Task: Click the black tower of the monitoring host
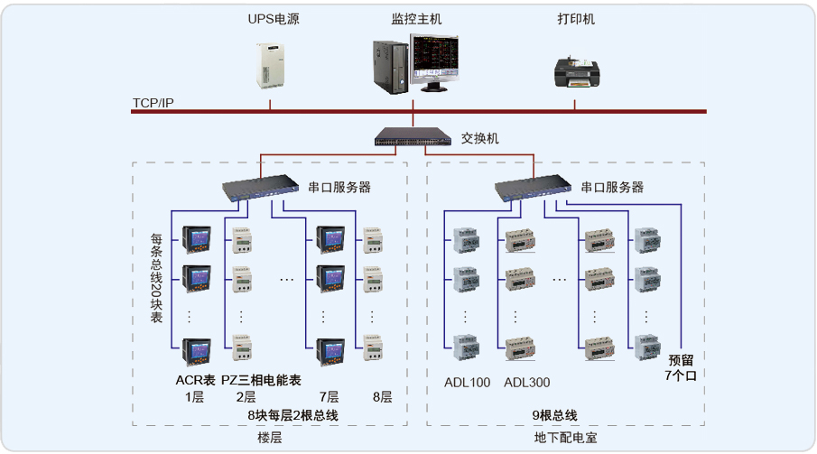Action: coord(391,66)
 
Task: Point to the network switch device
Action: coord(413,137)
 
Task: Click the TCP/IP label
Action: coord(153,103)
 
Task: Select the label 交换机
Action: coord(480,139)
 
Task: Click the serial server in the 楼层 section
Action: coord(261,189)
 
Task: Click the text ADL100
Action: coord(468,383)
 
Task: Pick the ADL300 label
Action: coord(527,383)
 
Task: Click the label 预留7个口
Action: coord(681,366)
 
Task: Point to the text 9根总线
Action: coord(554,415)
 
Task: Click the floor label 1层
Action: coord(195,397)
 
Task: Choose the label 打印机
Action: coord(576,19)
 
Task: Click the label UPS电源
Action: coord(274,19)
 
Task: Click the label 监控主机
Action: coord(416,19)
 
